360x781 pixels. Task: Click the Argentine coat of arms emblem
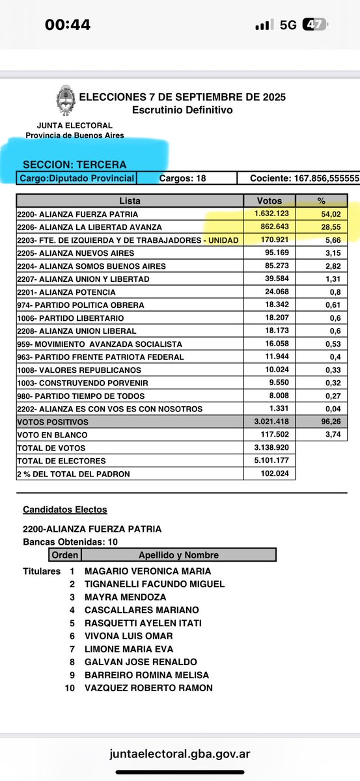tap(65, 103)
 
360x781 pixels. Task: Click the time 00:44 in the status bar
tap(68, 25)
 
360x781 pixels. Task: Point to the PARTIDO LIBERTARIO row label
tap(68, 318)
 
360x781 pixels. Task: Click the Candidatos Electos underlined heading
tap(65, 510)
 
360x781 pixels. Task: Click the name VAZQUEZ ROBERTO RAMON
tap(148, 688)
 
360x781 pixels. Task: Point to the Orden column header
tap(65, 555)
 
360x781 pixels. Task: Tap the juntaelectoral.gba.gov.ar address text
tap(180, 754)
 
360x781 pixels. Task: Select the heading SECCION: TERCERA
tap(75, 165)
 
